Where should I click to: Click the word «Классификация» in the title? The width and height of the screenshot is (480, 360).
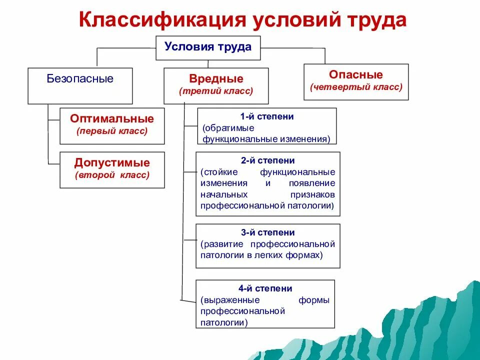point(161,20)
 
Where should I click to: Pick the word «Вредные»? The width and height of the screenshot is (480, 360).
point(216,79)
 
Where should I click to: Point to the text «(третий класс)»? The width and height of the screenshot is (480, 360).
point(216,91)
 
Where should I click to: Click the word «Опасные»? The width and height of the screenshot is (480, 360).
point(356,75)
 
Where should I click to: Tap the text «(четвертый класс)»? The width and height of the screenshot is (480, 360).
point(356,87)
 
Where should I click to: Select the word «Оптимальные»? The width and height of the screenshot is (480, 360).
point(112,119)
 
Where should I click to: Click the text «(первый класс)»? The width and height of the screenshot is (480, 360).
point(112,131)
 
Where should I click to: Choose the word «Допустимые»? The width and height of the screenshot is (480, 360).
point(112,163)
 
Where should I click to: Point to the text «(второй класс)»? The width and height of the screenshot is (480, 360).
point(112,175)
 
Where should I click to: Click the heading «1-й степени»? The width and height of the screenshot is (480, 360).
point(267,116)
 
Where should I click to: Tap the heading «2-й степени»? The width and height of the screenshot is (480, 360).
point(268,160)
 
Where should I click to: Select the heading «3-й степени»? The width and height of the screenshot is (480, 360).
point(268,232)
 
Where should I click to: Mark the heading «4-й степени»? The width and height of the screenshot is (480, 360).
point(265,288)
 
